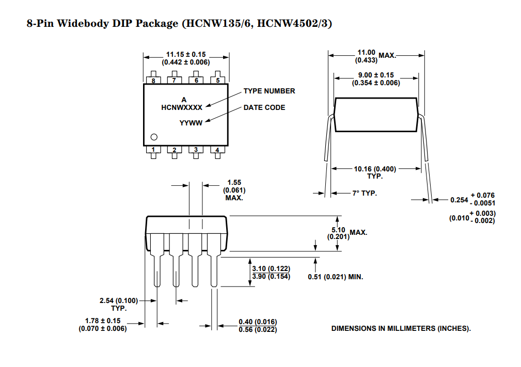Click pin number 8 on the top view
[x=153, y=81]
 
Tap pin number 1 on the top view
[x=153, y=150]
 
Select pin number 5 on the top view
[x=218, y=81]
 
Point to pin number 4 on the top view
[x=218, y=150]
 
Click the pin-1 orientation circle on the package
[x=153, y=137]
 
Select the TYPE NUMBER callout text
[x=269, y=91]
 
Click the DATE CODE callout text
[x=264, y=107]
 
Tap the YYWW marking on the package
[x=191, y=123]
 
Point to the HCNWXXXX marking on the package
[x=181, y=107]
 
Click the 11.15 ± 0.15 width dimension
[x=186, y=54]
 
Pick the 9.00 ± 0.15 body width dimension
[x=376, y=75]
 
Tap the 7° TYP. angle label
[x=365, y=193]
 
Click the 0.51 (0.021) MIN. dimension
[x=336, y=277]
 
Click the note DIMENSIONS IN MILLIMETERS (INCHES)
[x=401, y=328]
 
